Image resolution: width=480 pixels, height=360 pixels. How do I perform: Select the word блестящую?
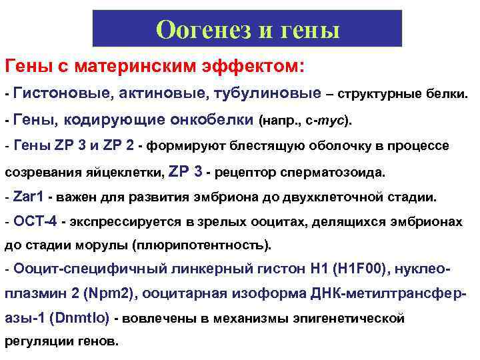256,146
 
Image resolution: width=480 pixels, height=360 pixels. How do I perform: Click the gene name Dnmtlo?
81,318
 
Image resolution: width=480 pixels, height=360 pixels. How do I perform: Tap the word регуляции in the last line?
37,342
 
